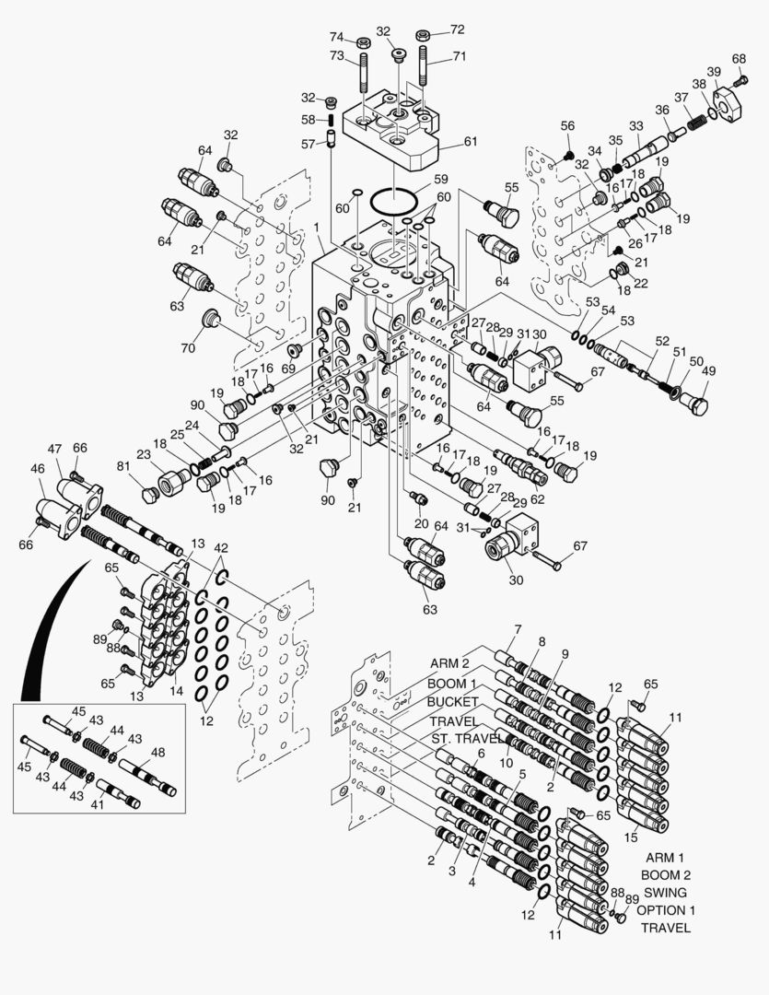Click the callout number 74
tap(336, 36)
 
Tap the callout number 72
tap(458, 29)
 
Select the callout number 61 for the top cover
tap(471, 141)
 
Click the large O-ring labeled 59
tap(393, 202)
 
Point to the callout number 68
tap(739, 58)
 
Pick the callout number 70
tap(188, 347)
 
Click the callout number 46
tap(38, 468)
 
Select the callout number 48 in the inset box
tap(158, 752)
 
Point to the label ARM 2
tap(449, 663)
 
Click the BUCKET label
tap(452, 702)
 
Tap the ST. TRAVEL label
tap(468, 739)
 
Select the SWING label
tap(666, 892)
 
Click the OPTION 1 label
tap(666, 910)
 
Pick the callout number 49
tap(708, 371)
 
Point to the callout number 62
tap(538, 498)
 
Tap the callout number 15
tap(630, 837)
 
